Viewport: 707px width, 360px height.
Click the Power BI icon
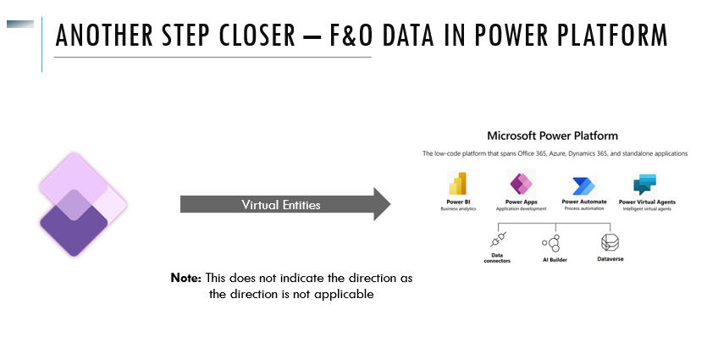(459, 185)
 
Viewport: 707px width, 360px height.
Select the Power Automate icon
(584, 186)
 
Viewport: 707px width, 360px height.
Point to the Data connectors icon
(499, 240)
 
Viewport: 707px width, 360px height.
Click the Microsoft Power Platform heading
(552, 136)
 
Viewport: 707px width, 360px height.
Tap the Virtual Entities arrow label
(281, 205)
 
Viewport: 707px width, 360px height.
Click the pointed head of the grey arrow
(381, 204)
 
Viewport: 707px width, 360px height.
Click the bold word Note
(185, 279)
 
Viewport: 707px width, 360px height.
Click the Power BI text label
(459, 202)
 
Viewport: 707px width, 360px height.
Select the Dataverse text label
(610, 259)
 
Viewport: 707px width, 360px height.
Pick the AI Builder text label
(554, 259)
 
